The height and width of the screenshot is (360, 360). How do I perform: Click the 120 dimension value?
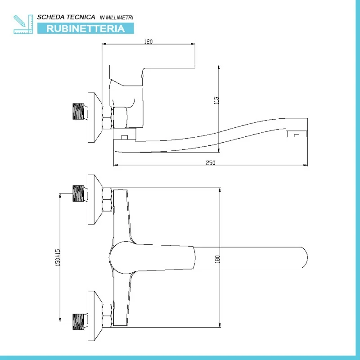click(148, 41)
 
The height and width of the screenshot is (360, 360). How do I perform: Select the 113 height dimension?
click(216, 100)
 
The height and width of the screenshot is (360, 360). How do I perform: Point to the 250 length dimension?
click(211, 163)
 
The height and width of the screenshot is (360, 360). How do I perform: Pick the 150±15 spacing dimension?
click(58, 258)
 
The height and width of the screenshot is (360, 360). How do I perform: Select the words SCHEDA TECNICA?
click(66, 17)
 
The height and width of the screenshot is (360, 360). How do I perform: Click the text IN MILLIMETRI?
click(116, 17)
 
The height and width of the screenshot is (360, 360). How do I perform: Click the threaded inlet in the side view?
click(79, 112)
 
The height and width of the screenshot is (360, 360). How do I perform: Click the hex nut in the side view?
click(108, 117)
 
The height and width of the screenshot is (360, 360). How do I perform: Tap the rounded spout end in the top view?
click(301, 258)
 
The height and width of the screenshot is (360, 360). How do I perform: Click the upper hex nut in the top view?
click(107, 200)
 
